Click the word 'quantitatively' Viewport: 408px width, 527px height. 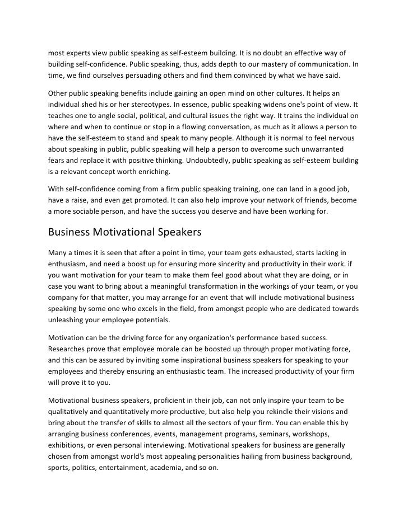118,414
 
